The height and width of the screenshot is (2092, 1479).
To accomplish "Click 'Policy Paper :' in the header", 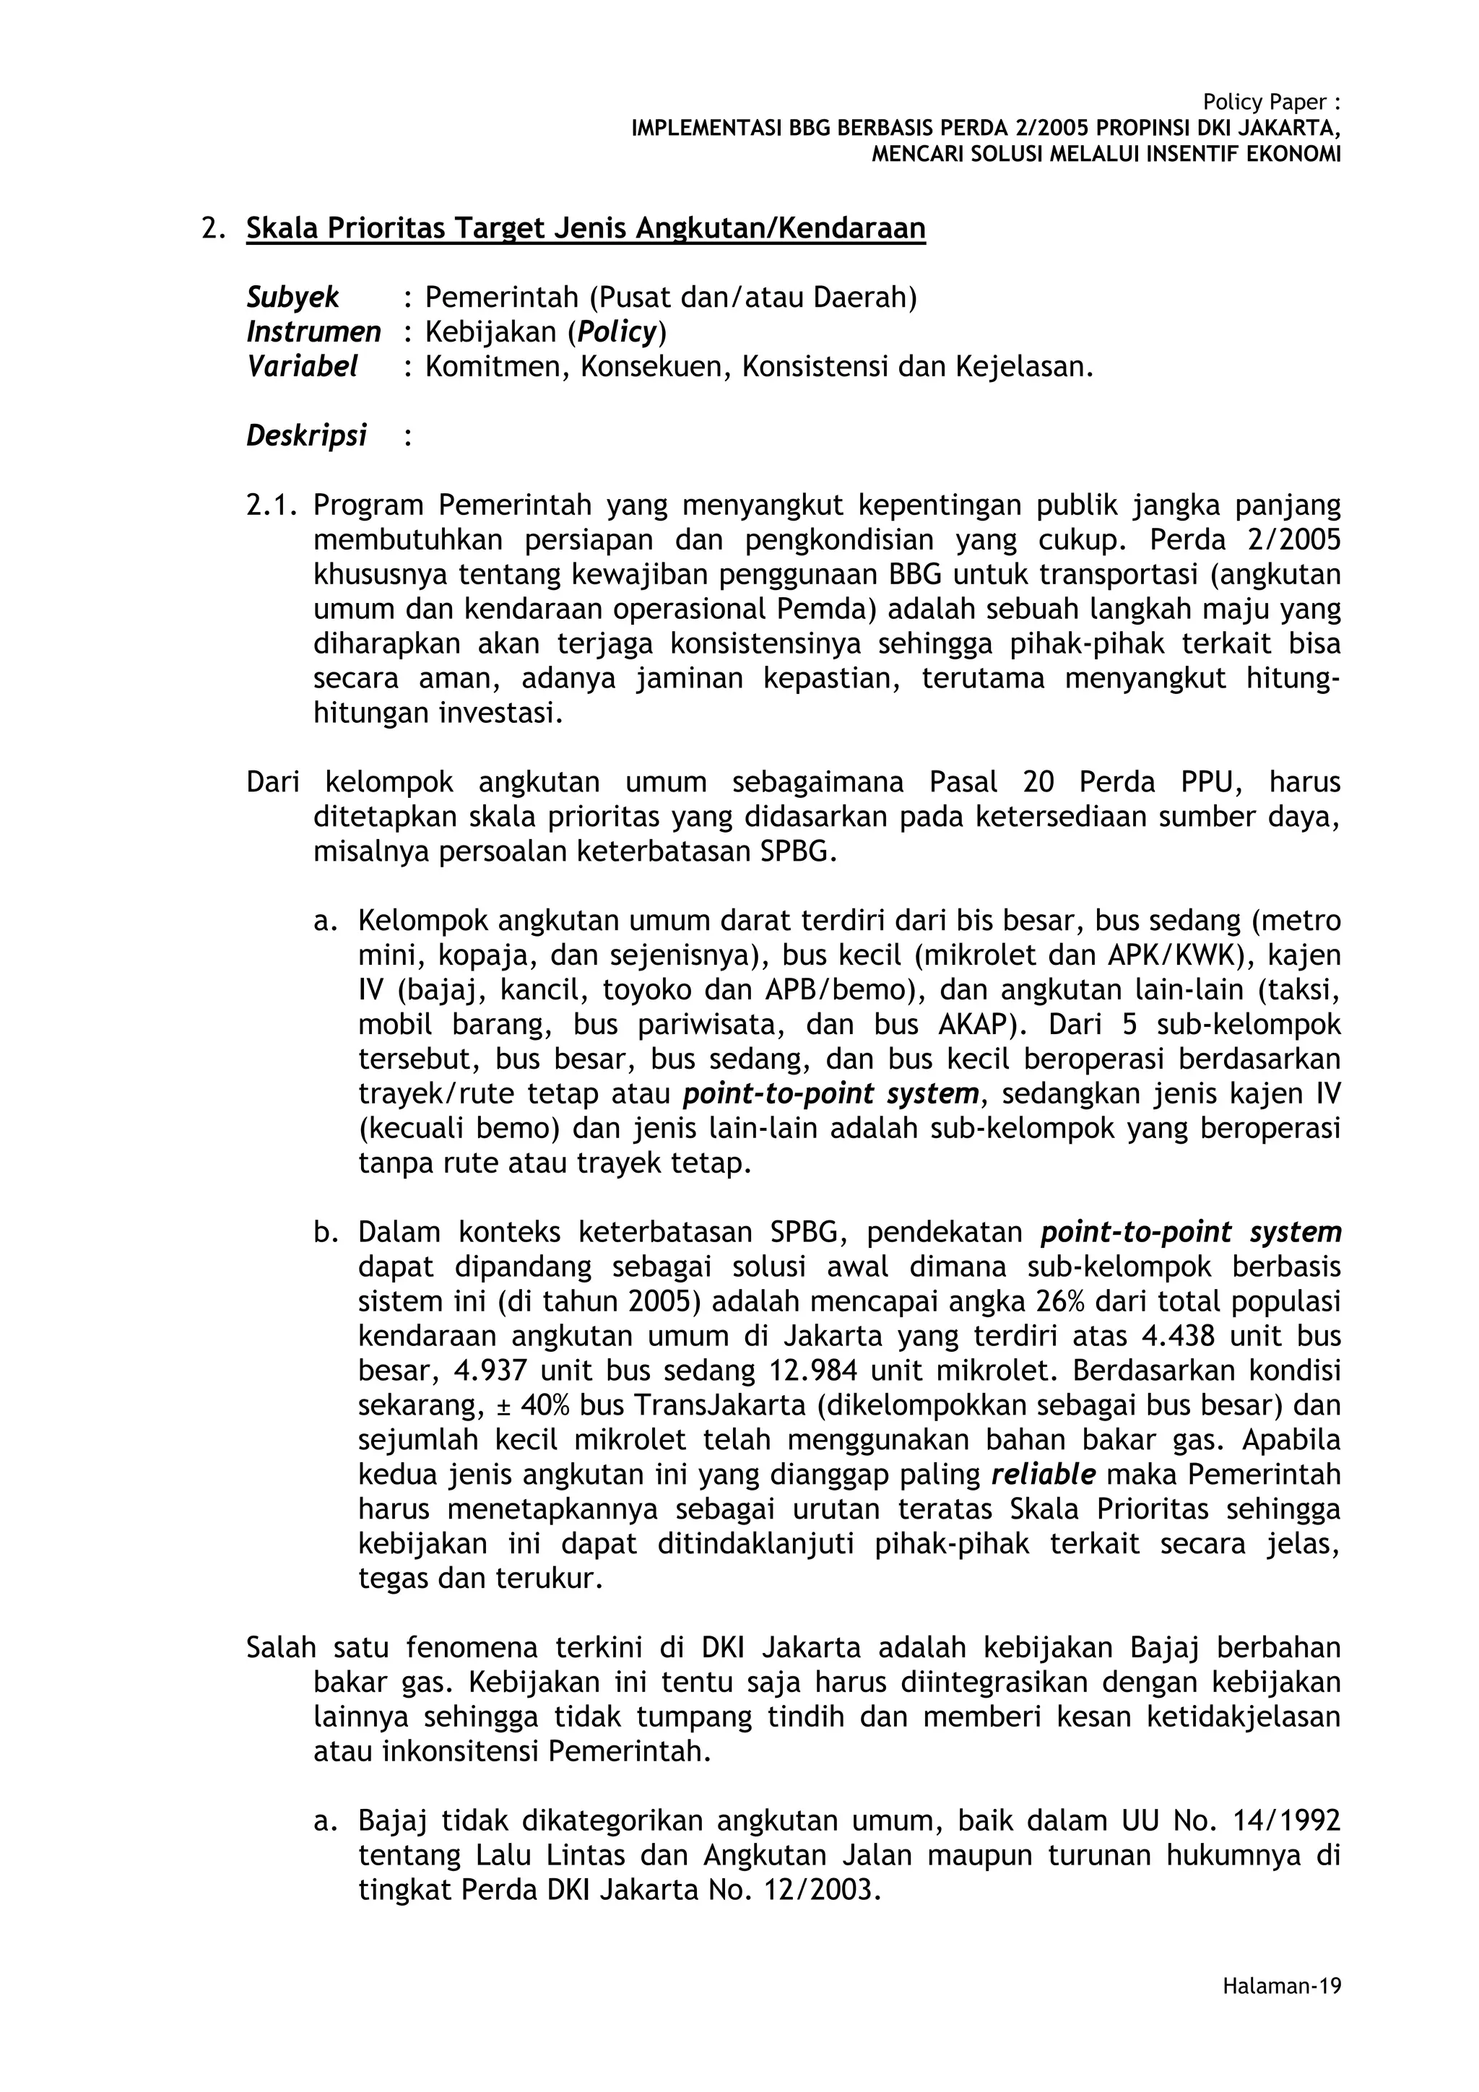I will tap(1271, 102).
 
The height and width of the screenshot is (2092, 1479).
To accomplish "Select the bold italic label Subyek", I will tap(292, 297).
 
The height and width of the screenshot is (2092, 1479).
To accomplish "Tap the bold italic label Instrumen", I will tap(313, 331).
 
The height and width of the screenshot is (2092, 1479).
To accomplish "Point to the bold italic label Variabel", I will tap(302, 366).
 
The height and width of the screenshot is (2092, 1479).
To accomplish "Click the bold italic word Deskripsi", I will tap(306, 435).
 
